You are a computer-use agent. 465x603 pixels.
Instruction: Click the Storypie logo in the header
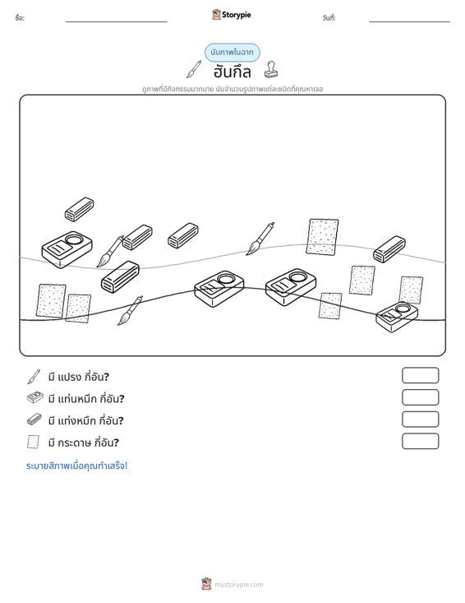coord(232,15)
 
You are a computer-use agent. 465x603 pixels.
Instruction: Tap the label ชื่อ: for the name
coord(20,18)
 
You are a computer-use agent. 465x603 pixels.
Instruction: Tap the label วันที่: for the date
coord(329,18)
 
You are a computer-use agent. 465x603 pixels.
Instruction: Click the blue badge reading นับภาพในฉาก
coord(232,53)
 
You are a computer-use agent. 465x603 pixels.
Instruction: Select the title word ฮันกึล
coord(232,72)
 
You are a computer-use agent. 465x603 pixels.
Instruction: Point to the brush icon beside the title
coord(194,69)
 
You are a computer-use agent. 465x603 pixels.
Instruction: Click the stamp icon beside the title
coord(271,70)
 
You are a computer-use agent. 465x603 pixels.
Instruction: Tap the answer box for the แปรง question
coord(421,375)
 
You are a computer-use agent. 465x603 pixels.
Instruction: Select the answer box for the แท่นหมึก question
coord(421,397)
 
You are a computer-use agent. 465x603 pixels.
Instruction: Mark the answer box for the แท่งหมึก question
coord(421,420)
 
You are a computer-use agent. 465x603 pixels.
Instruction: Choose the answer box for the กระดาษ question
coord(421,441)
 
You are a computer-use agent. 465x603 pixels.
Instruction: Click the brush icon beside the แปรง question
coord(34,377)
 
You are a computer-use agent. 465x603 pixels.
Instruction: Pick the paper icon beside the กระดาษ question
coord(34,442)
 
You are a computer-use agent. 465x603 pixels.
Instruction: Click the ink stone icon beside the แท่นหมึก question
coord(35,397)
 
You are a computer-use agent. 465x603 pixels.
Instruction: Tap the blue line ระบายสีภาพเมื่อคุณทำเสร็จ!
coord(76,466)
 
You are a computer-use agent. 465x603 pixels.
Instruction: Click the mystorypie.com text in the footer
coord(239,585)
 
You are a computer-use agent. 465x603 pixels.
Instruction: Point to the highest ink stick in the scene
coord(80,210)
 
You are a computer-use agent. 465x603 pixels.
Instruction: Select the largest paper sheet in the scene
coord(323,237)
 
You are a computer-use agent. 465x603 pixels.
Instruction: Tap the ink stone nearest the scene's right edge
coord(397,317)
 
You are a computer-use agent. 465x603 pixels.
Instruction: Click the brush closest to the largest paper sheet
coord(260,239)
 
